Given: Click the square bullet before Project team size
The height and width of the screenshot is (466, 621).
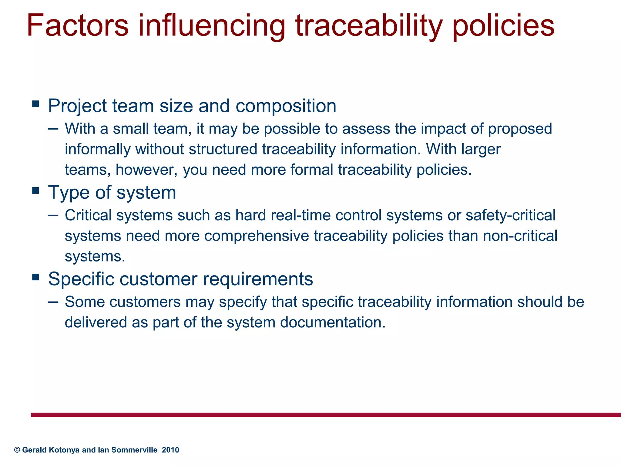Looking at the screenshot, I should (36, 104).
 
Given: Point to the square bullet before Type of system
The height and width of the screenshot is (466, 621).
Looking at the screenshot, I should (36, 191).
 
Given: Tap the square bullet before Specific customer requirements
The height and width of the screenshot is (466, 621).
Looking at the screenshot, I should (36, 277).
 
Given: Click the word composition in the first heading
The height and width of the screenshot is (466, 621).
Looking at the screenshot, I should (286, 106).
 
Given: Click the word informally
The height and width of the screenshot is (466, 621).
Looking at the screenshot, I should (98, 149).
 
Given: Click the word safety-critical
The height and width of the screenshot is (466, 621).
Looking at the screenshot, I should (510, 215).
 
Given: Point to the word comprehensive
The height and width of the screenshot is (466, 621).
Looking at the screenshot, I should (257, 236).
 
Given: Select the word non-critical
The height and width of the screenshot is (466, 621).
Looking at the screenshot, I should (520, 236).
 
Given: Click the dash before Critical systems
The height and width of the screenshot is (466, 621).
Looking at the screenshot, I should (53, 215).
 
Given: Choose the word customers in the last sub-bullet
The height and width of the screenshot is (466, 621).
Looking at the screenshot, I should (145, 302).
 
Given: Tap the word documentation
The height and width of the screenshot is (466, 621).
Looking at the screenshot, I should (333, 322).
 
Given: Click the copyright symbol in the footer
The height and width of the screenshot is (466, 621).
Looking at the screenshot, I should (17, 450).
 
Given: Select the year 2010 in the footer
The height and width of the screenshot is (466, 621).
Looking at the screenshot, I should (170, 450).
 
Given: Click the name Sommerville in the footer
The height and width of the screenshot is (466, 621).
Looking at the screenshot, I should (134, 450).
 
